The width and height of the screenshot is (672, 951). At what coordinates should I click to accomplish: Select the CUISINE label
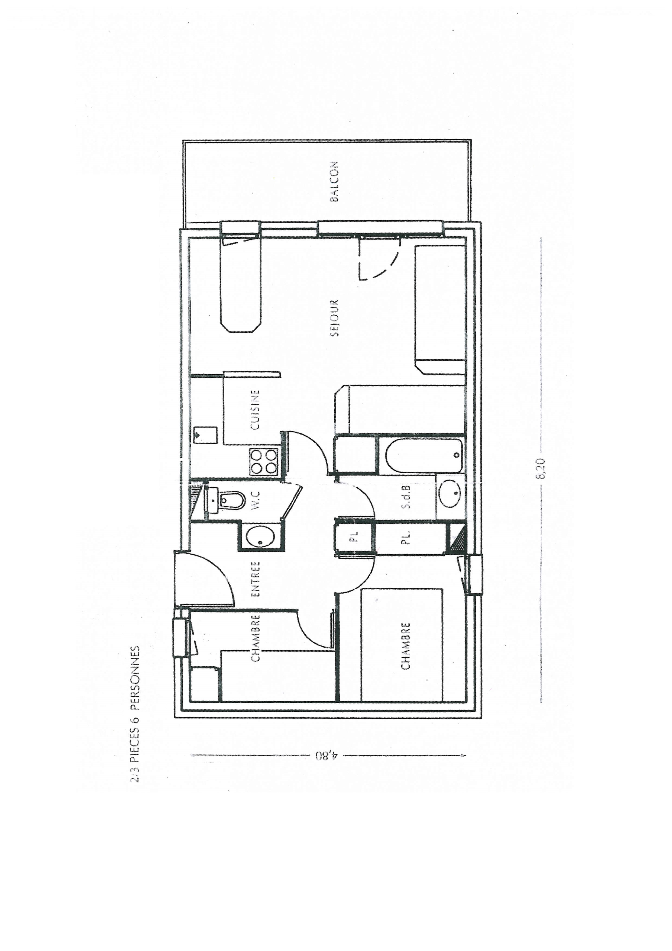coord(256,409)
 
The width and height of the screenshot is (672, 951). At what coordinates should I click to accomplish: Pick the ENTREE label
coord(256,579)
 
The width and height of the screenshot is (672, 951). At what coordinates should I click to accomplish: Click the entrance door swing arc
coord(223,573)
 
